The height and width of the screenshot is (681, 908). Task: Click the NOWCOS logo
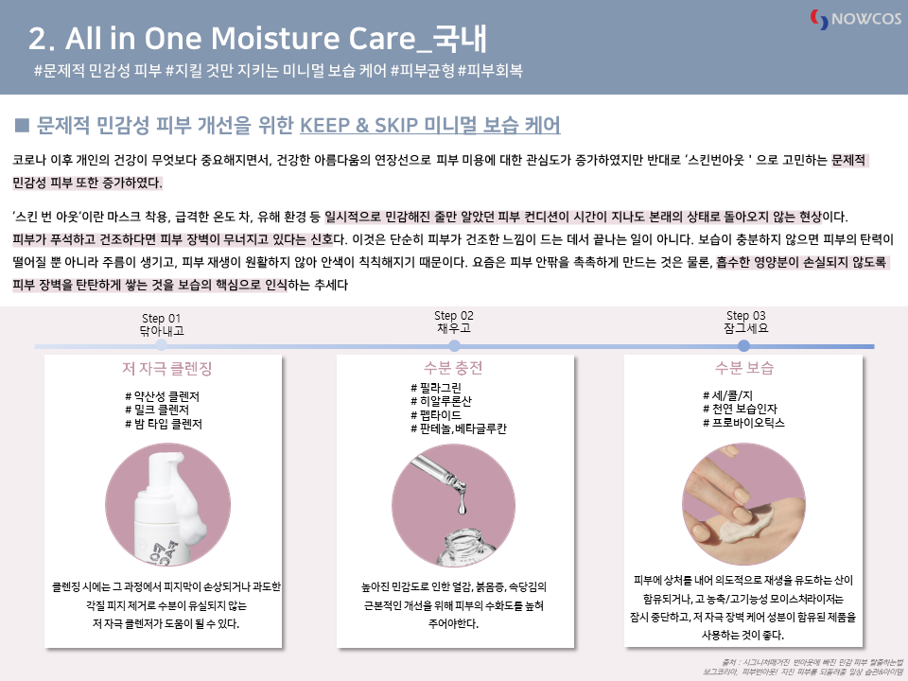pyautogui.click(x=856, y=19)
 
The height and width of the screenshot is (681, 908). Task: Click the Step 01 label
pyautogui.click(x=161, y=319)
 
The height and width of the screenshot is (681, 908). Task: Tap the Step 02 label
pyautogui.click(x=454, y=316)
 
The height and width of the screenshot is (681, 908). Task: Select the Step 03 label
pyautogui.click(x=746, y=316)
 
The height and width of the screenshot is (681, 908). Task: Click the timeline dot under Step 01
pyautogui.click(x=161, y=346)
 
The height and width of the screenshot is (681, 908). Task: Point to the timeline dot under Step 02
pyautogui.click(x=455, y=346)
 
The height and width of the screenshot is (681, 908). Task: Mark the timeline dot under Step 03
pyautogui.click(x=744, y=346)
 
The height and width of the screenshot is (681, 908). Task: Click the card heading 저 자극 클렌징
pyautogui.click(x=166, y=368)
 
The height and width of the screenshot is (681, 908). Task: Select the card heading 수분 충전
pyautogui.click(x=453, y=368)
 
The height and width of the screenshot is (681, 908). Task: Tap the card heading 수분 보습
pyautogui.click(x=744, y=368)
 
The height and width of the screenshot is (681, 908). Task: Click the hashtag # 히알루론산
pyautogui.click(x=441, y=401)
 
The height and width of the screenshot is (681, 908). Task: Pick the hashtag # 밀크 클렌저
pyautogui.click(x=157, y=410)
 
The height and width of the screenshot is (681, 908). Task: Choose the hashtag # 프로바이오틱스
pyautogui.click(x=743, y=423)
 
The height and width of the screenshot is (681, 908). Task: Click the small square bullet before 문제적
pyautogui.click(x=22, y=125)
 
